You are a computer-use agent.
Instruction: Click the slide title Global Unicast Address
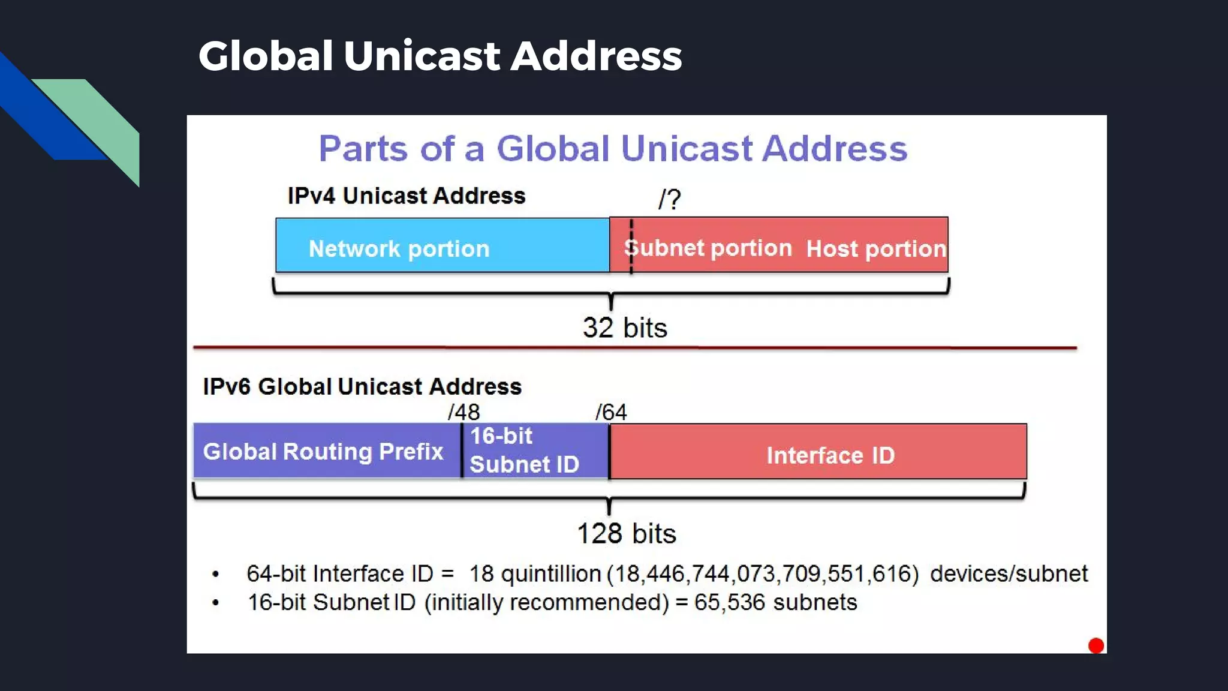pos(440,56)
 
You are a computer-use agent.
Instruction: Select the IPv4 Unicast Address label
pos(406,196)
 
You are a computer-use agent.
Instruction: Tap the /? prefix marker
pos(669,199)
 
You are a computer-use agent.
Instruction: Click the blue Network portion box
pos(443,245)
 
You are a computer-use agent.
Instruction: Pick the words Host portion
pos(875,248)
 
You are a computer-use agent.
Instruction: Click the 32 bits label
pos(625,328)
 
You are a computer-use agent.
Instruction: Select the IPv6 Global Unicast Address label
pos(362,386)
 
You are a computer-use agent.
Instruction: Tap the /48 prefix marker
pos(463,412)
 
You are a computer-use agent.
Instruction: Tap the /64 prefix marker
pos(611,412)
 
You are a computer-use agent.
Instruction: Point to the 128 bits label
pos(626,533)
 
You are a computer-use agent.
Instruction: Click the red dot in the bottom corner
pos(1096,645)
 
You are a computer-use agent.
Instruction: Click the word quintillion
pos(551,574)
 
